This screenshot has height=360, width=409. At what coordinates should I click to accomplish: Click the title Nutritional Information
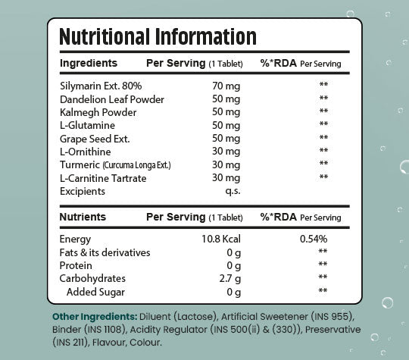coord(158,36)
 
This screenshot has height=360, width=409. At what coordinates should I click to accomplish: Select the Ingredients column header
coord(89,64)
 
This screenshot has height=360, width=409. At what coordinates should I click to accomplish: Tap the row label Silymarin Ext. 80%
coord(101,86)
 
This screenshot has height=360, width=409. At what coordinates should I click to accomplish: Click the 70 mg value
coord(226,86)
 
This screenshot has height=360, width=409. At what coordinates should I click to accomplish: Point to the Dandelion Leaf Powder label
coord(112,99)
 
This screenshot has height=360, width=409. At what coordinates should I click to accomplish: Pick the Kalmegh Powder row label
coord(98,112)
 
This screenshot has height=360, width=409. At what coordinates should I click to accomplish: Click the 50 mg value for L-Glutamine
coord(226,126)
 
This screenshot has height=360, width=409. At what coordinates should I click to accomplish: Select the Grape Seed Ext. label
coord(95,139)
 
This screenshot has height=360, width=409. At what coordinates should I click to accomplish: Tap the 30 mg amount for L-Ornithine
coord(226,152)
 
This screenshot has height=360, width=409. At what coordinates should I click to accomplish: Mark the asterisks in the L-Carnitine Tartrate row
coord(323,177)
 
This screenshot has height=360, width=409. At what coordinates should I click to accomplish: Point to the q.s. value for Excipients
coord(233,191)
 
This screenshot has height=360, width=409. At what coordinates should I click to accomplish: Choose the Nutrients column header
coord(83,217)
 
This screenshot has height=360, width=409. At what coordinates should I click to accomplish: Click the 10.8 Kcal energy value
coord(221,239)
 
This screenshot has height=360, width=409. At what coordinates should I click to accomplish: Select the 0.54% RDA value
coord(314,239)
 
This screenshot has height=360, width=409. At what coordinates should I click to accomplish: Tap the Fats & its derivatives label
coord(105,252)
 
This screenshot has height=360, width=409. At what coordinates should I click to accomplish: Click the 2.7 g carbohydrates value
coord(229,279)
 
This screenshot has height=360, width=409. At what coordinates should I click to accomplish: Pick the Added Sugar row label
coord(95,292)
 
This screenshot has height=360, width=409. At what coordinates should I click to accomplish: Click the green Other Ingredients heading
coord(95,317)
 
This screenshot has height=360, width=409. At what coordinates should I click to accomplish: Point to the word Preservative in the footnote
coord(333,330)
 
